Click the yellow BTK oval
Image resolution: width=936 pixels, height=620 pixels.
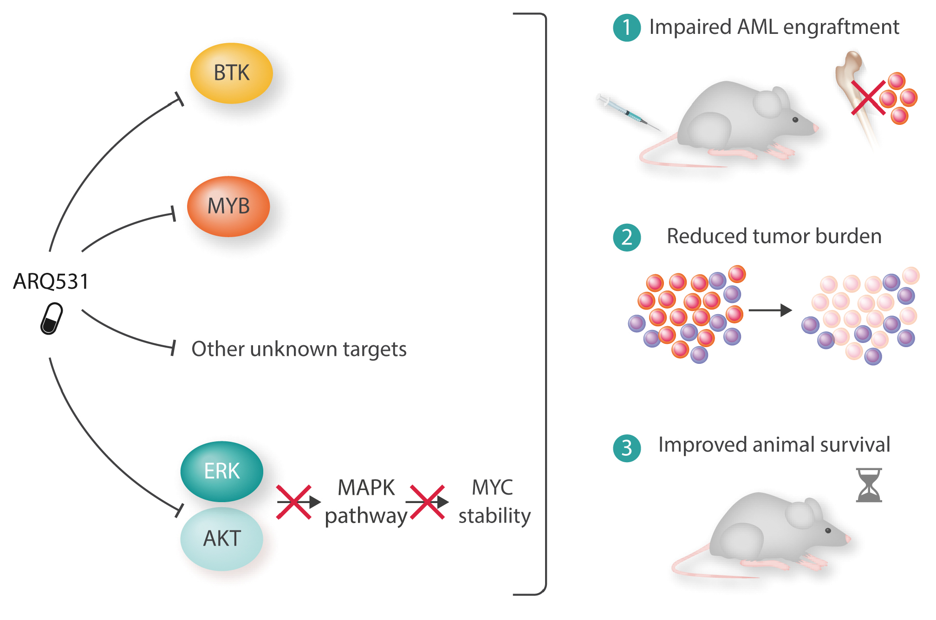(231, 73)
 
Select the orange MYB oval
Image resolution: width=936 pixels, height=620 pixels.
(228, 206)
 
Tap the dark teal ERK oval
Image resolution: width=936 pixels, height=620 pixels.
(222, 471)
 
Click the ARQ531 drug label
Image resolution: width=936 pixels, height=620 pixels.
(51, 281)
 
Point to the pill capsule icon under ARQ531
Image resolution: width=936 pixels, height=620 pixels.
(52, 318)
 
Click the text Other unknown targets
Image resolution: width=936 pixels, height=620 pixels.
(299, 349)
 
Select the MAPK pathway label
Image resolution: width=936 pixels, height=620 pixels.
(366, 502)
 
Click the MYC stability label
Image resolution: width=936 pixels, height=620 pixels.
(494, 502)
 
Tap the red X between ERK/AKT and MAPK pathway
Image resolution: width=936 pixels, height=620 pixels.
(294, 502)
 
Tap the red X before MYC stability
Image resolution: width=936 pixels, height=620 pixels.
(427, 502)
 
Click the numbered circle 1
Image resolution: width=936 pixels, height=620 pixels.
(627, 27)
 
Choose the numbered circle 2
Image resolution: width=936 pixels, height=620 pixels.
(627, 237)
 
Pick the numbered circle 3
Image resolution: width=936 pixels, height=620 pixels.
(627, 448)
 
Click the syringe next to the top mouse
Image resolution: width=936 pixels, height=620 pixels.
(627, 112)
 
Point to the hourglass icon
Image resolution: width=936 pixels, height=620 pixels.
(869, 485)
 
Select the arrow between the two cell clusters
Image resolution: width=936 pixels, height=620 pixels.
(770, 310)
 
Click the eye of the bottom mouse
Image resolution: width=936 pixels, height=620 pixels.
(828, 530)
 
